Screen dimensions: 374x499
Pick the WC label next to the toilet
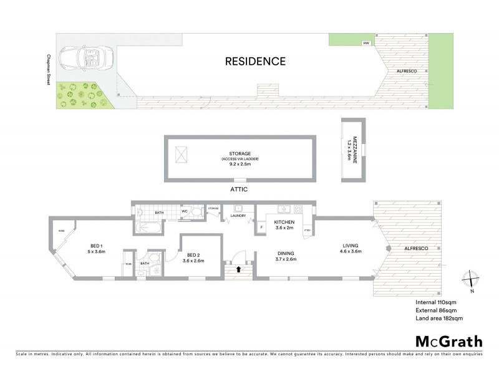point(185,211)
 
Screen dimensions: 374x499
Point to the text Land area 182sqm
point(439,319)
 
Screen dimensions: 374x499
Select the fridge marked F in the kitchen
point(261,228)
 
